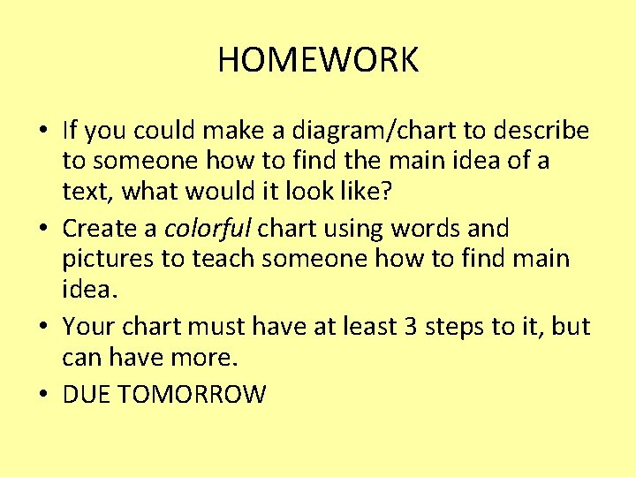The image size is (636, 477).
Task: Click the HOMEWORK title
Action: (x=318, y=60)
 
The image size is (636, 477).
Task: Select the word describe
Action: (x=541, y=131)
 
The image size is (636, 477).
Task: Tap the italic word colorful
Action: (x=208, y=229)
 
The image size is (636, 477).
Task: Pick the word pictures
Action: (x=103, y=261)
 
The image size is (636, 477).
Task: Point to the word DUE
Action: (x=86, y=394)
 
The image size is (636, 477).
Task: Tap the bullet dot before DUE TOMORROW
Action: (x=42, y=394)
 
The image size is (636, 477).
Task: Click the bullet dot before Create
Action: (x=42, y=229)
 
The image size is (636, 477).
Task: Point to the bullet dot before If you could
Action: (x=42, y=131)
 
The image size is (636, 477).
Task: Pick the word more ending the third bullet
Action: (x=210, y=359)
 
